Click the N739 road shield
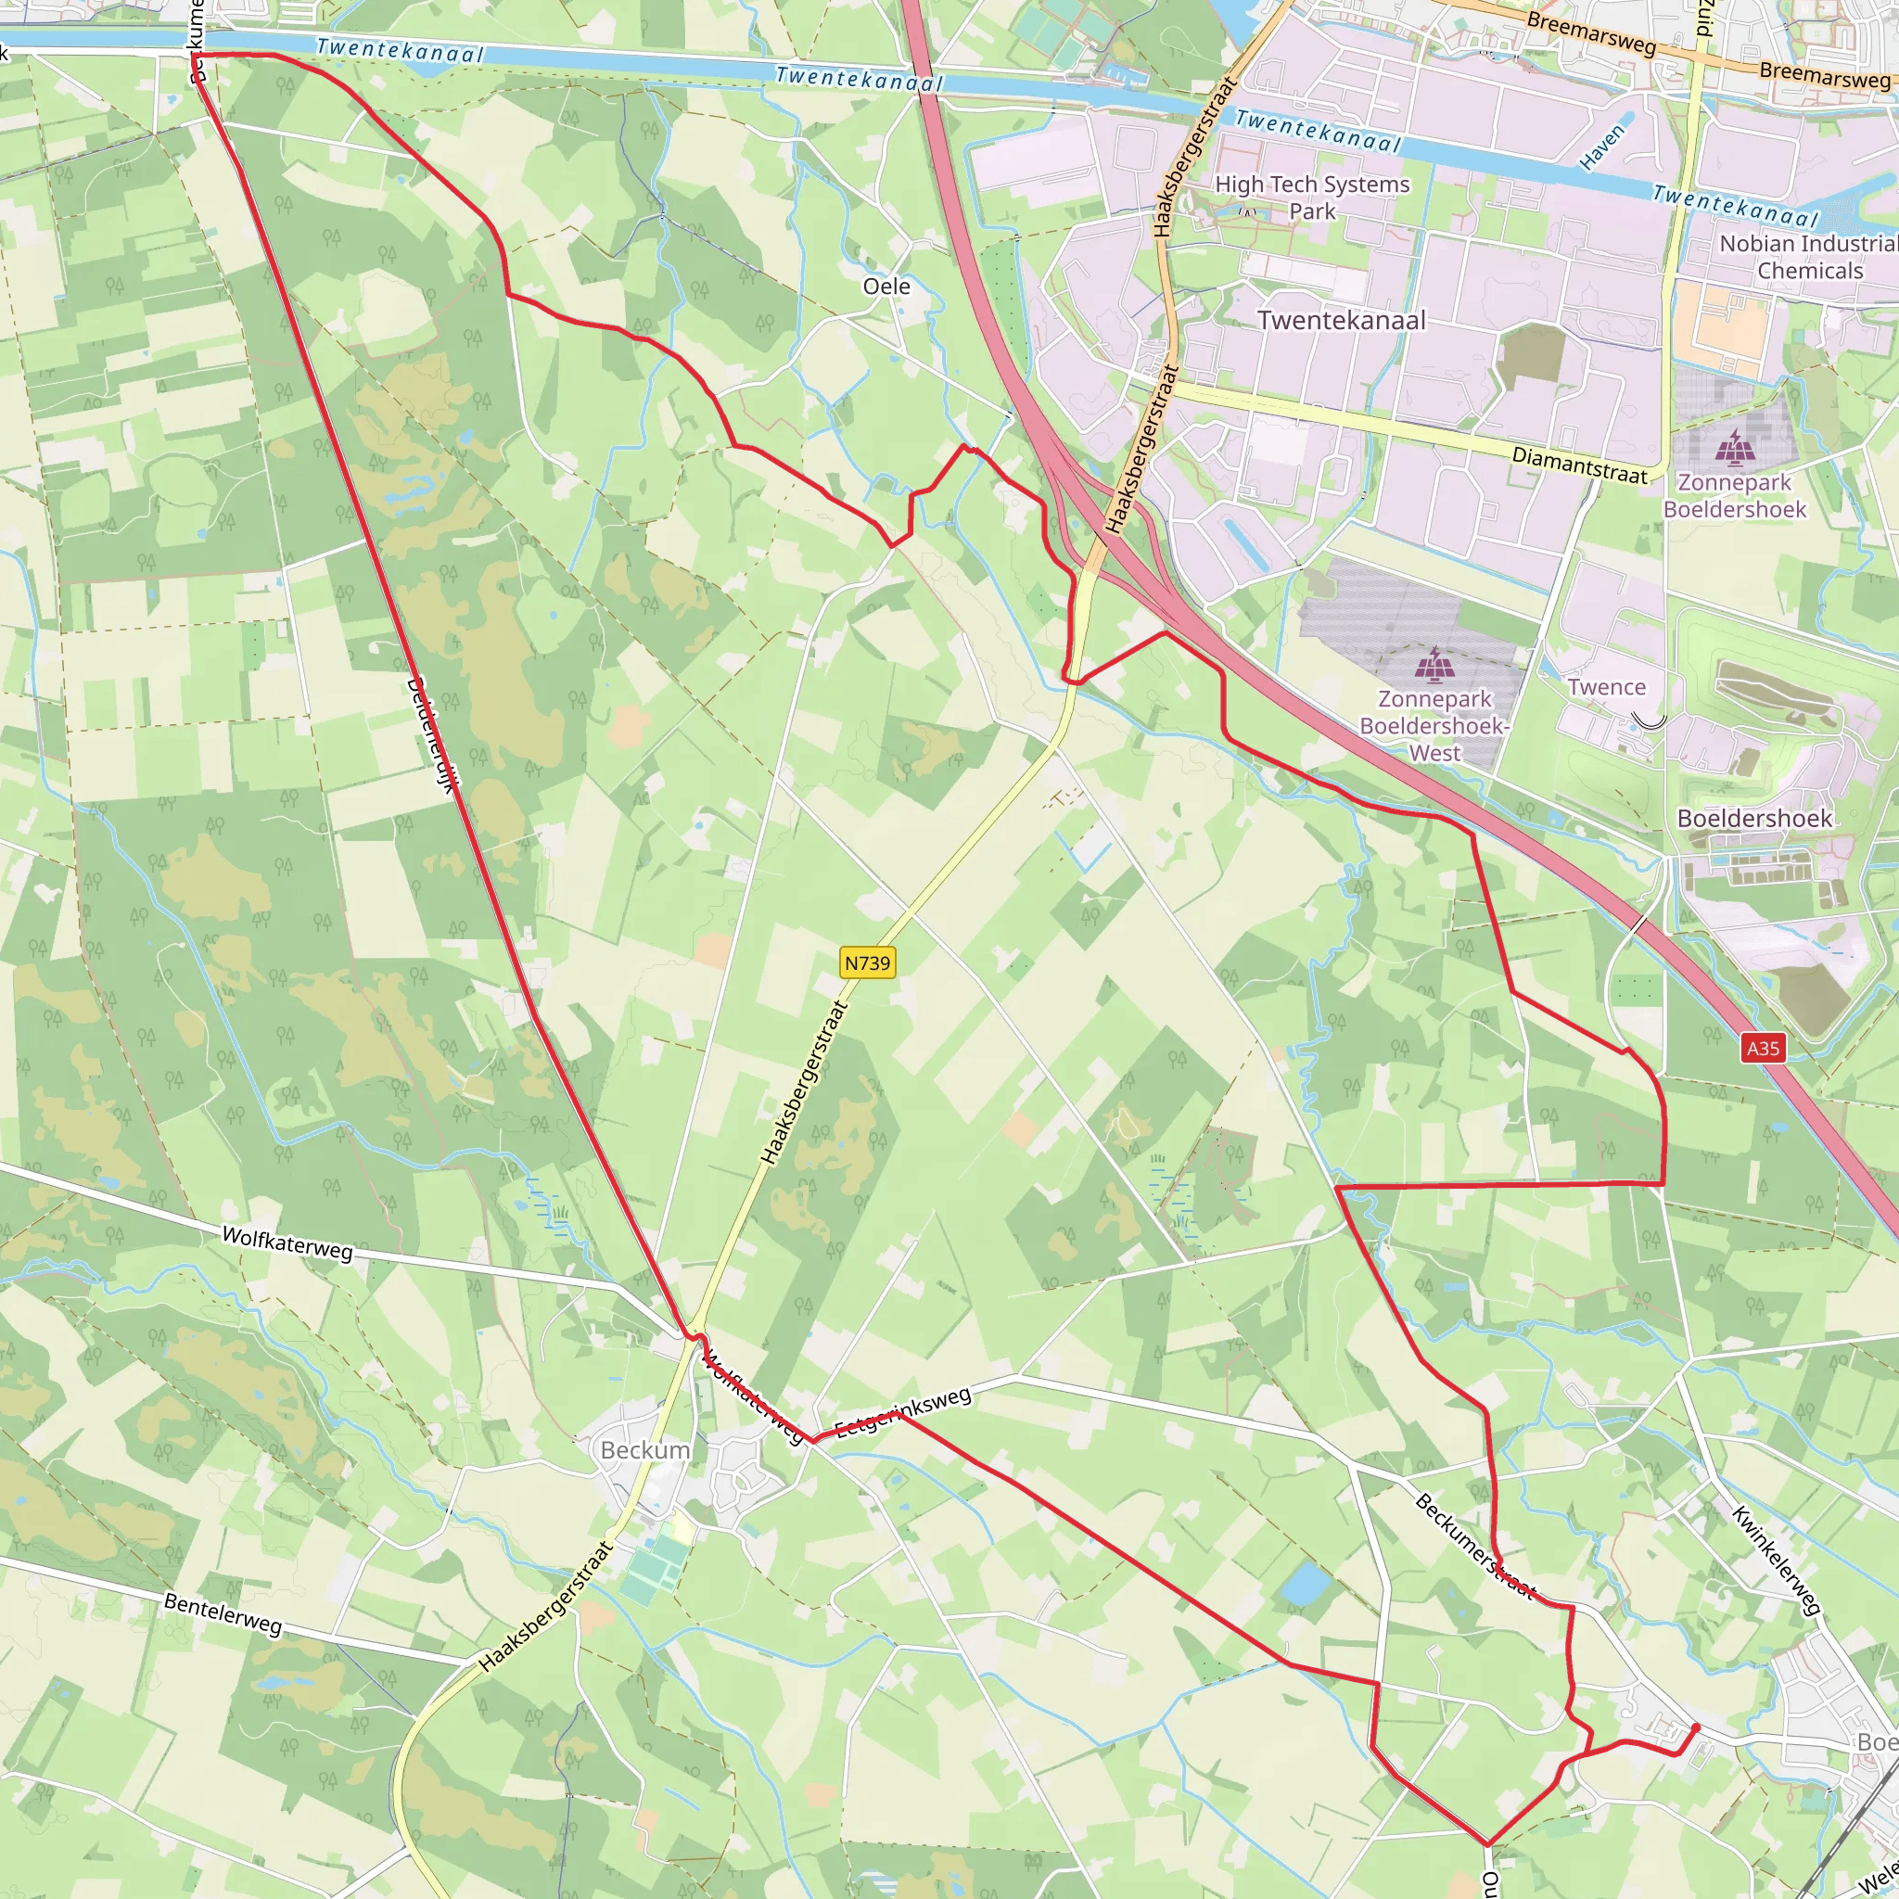[x=868, y=963]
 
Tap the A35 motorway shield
[x=1763, y=1048]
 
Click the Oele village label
[x=886, y=286]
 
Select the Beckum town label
[x=644, y=1450]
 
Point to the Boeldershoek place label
[x=1754, y=819]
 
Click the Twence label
[x=1606, y=687]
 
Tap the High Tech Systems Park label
[x=1312, y=197]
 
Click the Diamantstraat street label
[x=1578, y=465]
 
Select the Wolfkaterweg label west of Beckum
[x=287, y=1243]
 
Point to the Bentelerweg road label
[x=223, y=1615]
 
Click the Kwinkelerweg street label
[x=1776, y=1560]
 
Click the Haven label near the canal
[x=1602, y=147]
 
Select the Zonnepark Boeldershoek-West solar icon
[x=1436, y=666]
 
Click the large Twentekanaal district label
[x=1342, y=321]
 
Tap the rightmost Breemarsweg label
[x=1824, y=75]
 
